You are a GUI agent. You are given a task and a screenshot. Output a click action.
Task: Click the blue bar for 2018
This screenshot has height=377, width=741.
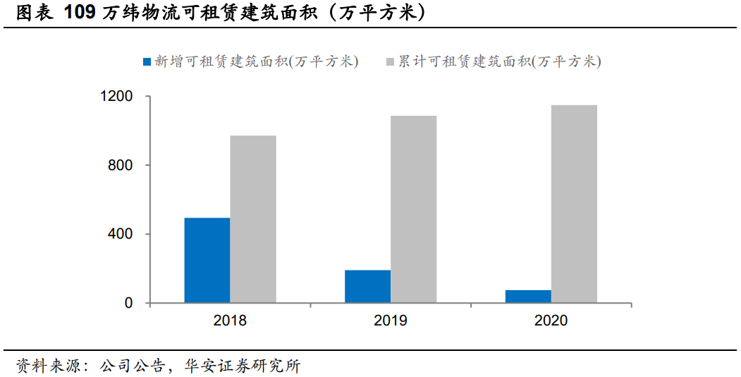tap(207, 261)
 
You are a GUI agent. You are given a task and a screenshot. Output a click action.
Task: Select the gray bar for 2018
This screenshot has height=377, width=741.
tap(253, 219)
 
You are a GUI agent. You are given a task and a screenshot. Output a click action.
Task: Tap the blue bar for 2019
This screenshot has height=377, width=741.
tap(368, 287)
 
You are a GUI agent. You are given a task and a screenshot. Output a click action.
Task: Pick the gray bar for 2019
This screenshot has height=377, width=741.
tap(414, 209)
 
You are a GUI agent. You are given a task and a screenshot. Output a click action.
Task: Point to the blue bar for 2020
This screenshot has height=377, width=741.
tap(529, 297)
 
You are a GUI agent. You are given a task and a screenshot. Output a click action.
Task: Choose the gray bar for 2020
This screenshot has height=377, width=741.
tap(575, 204)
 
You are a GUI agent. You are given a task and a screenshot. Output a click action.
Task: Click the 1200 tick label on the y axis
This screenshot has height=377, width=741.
tap(118, 96)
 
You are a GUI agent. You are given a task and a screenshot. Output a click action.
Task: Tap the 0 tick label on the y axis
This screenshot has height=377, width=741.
tap(129, 304)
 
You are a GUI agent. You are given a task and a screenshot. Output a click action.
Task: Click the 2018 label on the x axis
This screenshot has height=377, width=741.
tap(230, 321)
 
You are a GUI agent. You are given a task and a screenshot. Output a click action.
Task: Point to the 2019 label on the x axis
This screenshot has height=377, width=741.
tap(391, 321)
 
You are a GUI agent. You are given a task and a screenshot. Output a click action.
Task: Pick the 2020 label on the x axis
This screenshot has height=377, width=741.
tap(551, 321)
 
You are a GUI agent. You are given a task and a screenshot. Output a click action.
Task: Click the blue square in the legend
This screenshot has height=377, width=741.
tap(147, 62)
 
